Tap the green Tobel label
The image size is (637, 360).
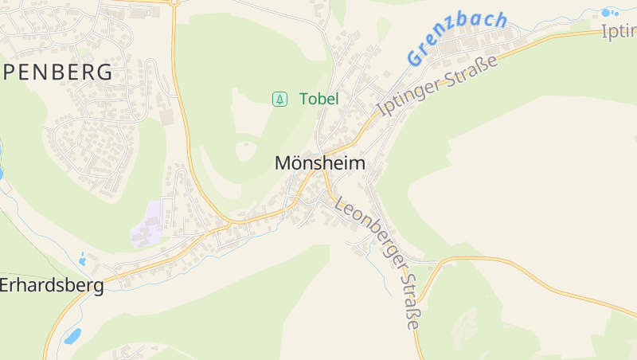(318, 99)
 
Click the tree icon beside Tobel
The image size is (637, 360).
(279, 99)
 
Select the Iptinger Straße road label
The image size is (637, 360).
(438, 85)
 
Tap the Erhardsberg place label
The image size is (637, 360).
(52, 285)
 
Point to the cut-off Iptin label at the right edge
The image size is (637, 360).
(619, 31)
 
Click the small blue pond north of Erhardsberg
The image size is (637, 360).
(83, 259)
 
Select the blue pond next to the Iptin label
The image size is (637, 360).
(610, 12)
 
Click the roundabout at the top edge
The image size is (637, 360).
(174, 2)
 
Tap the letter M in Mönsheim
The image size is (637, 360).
(283, 163)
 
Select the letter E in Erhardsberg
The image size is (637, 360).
(5, 285)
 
